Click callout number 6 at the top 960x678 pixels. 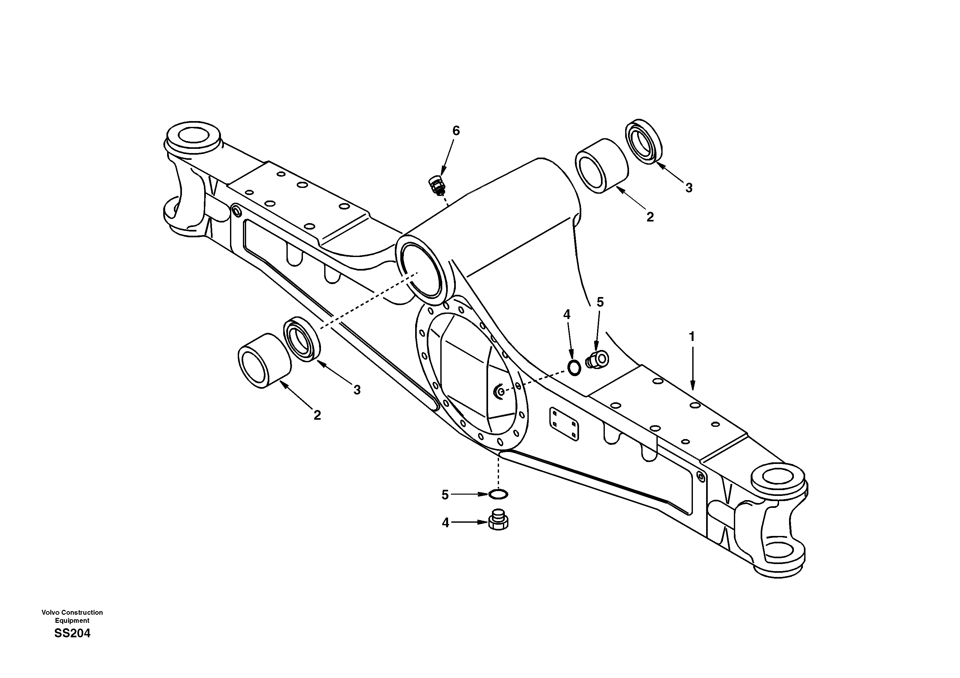(x=456, y=131)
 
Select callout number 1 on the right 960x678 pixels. (x=692, y=336)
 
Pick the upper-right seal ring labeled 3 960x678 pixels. (x=644, y=141)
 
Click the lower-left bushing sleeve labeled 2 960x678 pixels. (x=264, y=361)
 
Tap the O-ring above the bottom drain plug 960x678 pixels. (x=498, y=494)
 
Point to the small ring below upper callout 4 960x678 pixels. (x=574, y=367)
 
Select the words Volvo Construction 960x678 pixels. (x=72, y=612)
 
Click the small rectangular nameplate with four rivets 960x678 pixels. (x=564, y=423)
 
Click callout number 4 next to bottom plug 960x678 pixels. (x=446, y=523)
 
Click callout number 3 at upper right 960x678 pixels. (x=689, y=188)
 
